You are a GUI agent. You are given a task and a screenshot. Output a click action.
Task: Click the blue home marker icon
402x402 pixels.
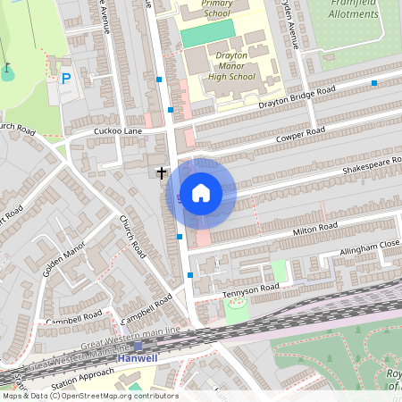pos(201,192)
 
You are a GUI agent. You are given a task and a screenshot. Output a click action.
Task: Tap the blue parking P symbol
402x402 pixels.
pos(65,80)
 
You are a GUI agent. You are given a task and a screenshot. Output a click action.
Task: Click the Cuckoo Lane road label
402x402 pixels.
pos(119,131)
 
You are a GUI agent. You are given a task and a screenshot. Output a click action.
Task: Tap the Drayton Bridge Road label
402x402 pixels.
pos(297,99)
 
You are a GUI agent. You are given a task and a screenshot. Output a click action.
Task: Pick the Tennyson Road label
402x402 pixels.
pos(252,289)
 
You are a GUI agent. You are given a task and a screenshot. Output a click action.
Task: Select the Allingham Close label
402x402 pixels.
pos(369,247)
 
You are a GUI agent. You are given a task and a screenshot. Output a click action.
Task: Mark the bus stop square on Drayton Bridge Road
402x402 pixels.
pos(373,83)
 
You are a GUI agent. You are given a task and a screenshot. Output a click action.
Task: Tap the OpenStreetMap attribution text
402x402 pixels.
pos(89,396)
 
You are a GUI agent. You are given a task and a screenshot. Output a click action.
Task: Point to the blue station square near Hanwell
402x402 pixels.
pos(138,347)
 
